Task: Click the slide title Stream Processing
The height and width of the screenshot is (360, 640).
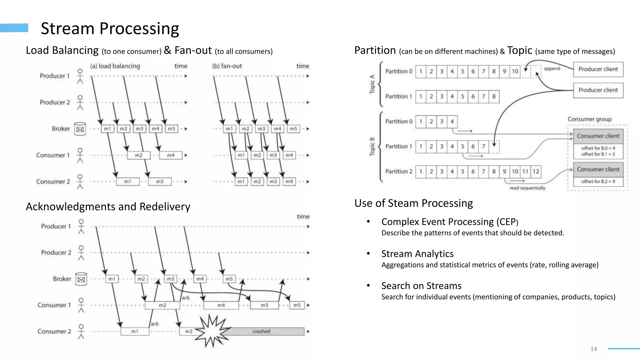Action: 110,28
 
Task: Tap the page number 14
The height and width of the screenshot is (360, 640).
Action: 593,349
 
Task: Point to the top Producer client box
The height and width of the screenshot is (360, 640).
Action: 598,69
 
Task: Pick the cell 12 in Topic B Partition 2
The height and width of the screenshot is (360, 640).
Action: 536,171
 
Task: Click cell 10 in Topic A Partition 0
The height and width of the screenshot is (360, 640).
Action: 515,71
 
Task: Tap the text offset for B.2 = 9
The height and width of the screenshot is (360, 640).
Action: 598,182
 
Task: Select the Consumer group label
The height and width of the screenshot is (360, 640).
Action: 589,119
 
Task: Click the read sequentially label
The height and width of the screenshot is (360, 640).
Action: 527,188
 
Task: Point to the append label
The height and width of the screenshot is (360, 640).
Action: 552,68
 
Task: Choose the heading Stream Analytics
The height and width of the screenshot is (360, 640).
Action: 417,254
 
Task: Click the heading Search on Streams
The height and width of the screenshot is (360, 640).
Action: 421,286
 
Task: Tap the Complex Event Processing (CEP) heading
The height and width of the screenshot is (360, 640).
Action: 449,222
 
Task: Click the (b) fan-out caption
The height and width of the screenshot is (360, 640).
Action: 227,66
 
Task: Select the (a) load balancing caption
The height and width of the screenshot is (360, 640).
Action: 115,66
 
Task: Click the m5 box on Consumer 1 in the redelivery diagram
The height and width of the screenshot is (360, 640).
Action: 297,305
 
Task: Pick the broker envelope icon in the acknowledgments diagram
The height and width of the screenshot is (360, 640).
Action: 81,279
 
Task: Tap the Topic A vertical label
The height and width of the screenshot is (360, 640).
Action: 372,84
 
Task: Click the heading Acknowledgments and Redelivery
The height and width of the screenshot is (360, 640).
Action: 108,207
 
